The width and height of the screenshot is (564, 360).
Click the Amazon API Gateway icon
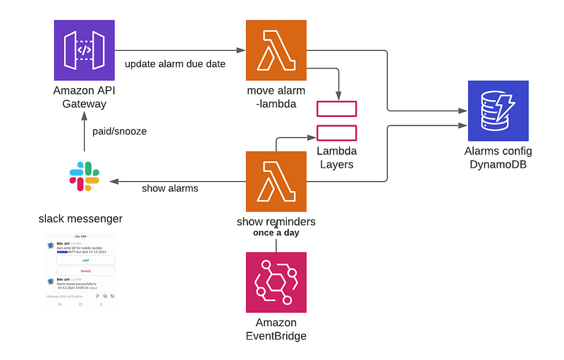pyautogui.click(x=84, y=50)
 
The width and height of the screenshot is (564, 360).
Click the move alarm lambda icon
pyautogui.click(x=276, y=50)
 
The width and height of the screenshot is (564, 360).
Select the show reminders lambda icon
pyautogui.click(x=276, y=182)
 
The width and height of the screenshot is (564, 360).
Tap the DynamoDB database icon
pyautogui.click(x=498, y=111)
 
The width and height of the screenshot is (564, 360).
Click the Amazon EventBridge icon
pyautogui.click(x=276, y=282)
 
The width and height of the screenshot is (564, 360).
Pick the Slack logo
pyautogui.click(x=84, y=176)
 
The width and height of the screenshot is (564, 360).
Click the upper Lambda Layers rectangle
pyautogui.click(x=336, y=108)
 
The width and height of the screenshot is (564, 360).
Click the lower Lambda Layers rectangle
pyautogui.click(x=336, y=132)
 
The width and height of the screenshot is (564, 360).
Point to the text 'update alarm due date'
pyautogui.click(x=175, y=64)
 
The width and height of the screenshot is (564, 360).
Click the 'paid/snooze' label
pyautogui.click(x=120, y=131)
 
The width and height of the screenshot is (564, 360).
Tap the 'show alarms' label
pyautogui.click(x=170, y=188)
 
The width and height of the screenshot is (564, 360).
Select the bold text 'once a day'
pyautogui.click(x=276, y=232)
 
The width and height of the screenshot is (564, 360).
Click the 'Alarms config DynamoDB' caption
pyautogui.click(x=498, y=159)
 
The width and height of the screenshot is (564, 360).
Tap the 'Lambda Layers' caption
pyautogui.click(x=336, y=158)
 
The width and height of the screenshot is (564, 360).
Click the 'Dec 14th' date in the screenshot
pyautogui.click(x=80, y=237)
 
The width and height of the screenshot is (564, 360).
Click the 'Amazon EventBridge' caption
pyautogui.click(x=276, y=329)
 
